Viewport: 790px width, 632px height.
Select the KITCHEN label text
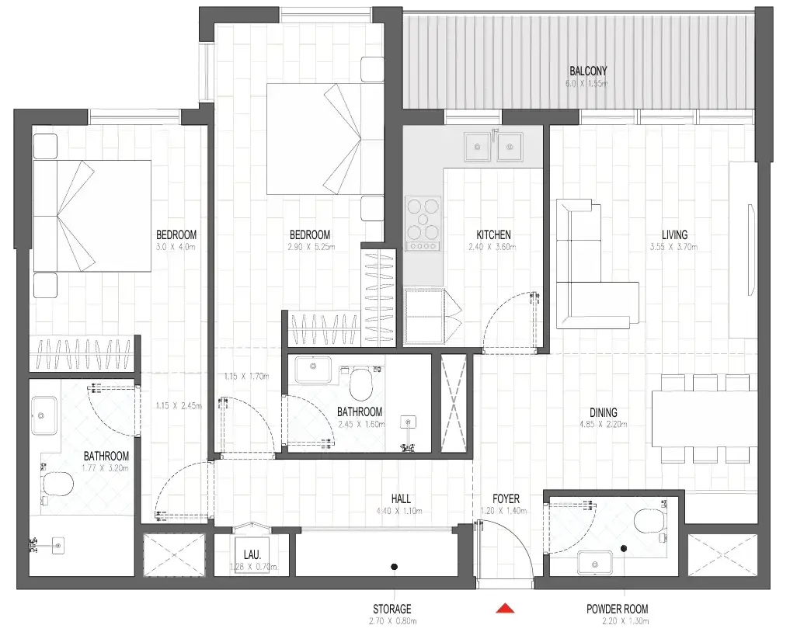(x=493, y=234)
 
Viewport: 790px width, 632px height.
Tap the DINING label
(x=604, y=412)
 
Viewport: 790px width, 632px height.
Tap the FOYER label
(x=506, y=498)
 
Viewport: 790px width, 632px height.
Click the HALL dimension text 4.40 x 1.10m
(x=402, y=511)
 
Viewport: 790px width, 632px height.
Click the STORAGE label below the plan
(x=392, y=609)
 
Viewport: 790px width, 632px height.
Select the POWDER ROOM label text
(x=617, y=609)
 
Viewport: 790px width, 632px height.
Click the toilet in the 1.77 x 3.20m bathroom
(x=57, y=485)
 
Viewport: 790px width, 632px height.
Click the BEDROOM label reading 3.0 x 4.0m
(x=176, y=234)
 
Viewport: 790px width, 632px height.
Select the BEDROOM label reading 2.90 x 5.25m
(x=310, y=234)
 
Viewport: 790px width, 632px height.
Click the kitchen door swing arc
(x=497, y=318)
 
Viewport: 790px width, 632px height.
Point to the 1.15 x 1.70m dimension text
(x=245, y=376)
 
